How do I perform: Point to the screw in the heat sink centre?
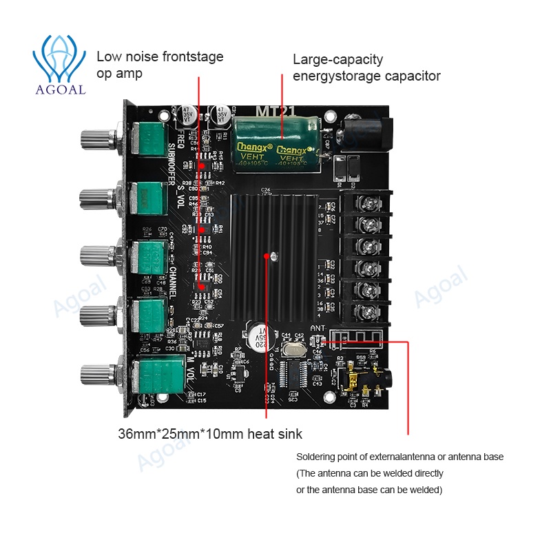(x=274, y=257)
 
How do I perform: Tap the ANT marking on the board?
(x=318, y=328)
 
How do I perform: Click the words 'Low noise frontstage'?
(x=160, y=56)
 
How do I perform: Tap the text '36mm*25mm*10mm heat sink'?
(x=209, y=434)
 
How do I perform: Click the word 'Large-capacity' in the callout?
(x=337, y=59)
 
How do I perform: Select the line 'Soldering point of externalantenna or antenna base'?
(x=399, y=457)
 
